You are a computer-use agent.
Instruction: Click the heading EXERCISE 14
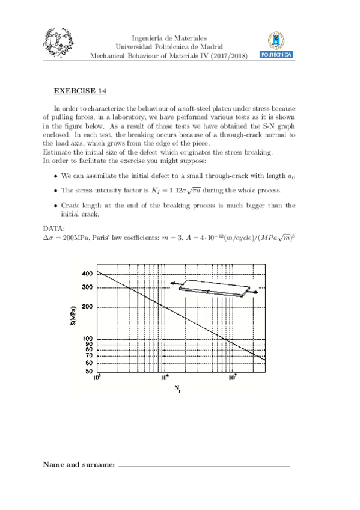coord(80,91)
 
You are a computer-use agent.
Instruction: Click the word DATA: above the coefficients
coord(55,229)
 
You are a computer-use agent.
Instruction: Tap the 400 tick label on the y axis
coord(87,274)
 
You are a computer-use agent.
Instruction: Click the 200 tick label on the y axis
coord(87,307)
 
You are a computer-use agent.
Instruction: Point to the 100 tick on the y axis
coord(87,339)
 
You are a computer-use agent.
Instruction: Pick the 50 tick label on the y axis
coord(88,371)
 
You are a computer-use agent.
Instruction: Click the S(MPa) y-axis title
coord(72,317)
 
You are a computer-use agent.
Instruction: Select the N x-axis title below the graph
coord(177,389)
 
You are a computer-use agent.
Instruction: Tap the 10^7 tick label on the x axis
coord(232,379)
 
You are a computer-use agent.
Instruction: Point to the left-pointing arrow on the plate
coord(174,282)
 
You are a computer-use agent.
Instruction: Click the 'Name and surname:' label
coord(79,465)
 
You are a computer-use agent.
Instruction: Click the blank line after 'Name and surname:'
coord(204,467)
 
